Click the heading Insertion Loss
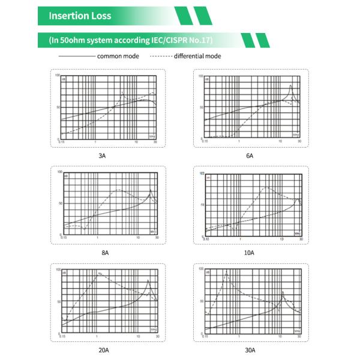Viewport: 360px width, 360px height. (80, 16)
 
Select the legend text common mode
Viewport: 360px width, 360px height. (118, 56)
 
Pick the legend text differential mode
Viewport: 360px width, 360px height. (197, 56)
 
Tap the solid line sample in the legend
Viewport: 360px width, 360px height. (77, 56)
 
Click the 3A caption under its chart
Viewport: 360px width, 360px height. (102, 155)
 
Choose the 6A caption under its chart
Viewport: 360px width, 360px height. (250, 155)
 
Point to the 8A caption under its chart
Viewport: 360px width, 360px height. (105, 253)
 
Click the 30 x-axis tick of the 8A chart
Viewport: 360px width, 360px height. (157, 238)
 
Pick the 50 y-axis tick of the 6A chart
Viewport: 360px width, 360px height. (201, 107)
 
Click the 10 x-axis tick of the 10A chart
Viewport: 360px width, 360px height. (280, 238)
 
